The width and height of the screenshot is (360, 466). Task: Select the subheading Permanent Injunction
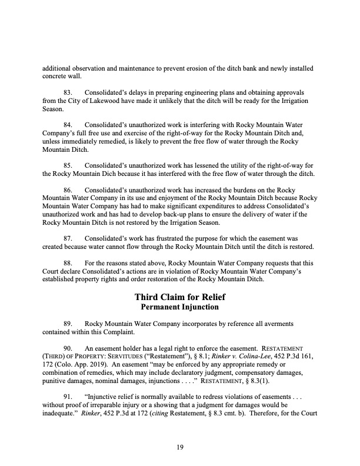tap(179, 307)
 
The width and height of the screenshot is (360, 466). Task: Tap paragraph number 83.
tap(69, 93)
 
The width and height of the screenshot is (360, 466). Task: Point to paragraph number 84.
tap(69, 125)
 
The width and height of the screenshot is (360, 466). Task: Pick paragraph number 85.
tap(69, 166)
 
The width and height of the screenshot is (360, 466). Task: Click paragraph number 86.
tap(69, 191)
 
